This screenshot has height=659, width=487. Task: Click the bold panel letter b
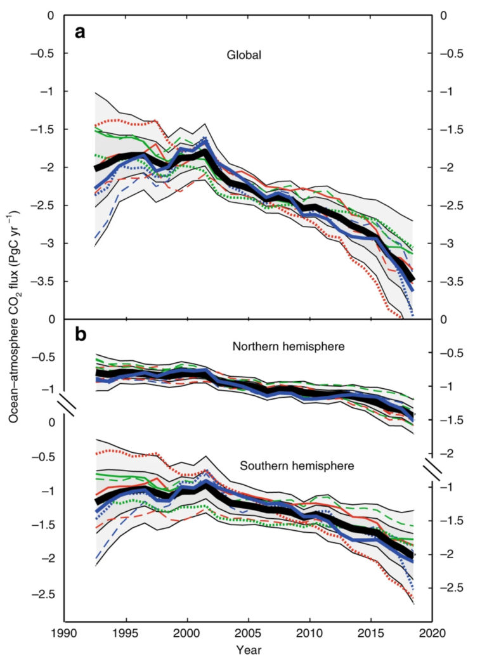pyautogui.click(x=81, y=334)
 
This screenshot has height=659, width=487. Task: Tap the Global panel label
pyautogui.click(x=245, y=55)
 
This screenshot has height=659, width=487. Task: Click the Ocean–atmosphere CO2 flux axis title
pyautogui.click(x=15, y=317)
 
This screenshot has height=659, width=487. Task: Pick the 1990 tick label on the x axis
pyautogui.click(x=65, y=633)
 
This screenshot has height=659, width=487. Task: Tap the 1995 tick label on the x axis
pyautogui.click(x=126, y=633)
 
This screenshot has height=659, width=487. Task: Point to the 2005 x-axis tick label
pyautogui.click(x=249, y=633)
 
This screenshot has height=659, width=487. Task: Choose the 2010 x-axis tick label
pyautogui.click(x=310, y=633)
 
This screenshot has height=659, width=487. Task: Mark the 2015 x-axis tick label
pyautogui.click(x=371, y=633)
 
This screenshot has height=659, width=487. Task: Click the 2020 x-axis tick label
pyautogui.click(x=432, y=633)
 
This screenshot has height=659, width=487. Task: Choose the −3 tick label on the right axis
pyautogui.click(x=448, y=243)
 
